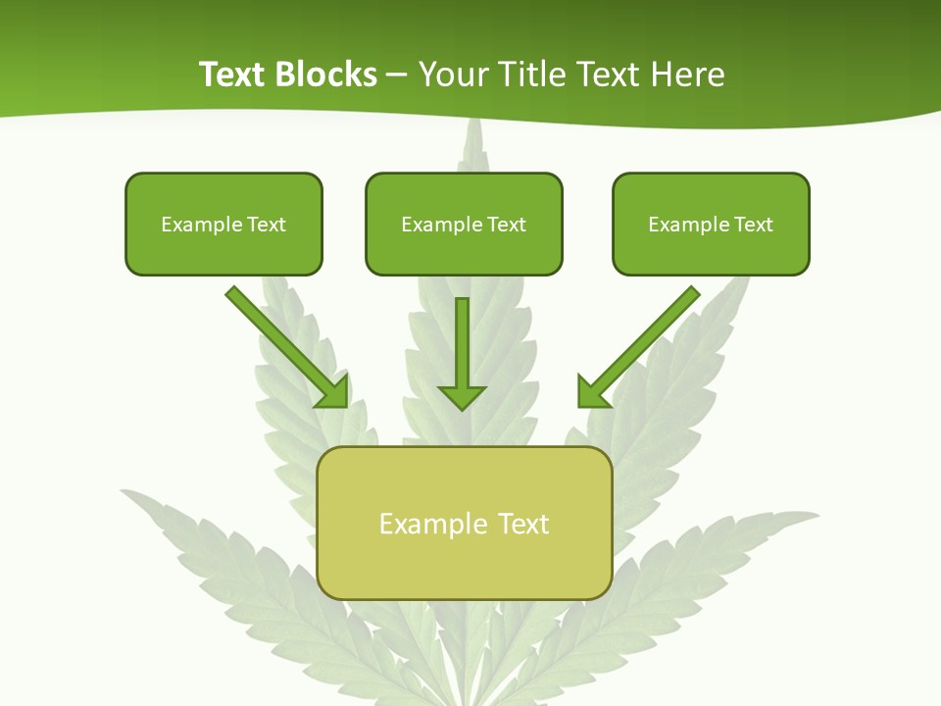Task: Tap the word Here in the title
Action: (689, 75)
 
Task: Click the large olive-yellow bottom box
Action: (464, 564)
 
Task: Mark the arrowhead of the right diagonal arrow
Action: (592, 392)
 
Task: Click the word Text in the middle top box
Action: (507, 225)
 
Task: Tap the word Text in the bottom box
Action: (525, 524)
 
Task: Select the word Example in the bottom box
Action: (433, 524)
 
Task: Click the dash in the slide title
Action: (397, 76)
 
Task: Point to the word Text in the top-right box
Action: (754, 225)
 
